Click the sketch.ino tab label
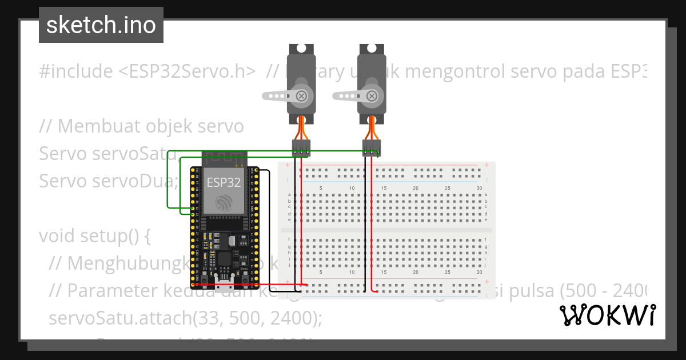click(x=101, y=25)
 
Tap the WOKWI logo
click(x=607, y=315)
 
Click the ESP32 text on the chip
click(x=224, y=182)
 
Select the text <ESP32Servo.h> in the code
click(x=187, y=71)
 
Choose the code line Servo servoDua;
click(x=109, y=181)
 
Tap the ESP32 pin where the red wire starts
click(x=197, y=284)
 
